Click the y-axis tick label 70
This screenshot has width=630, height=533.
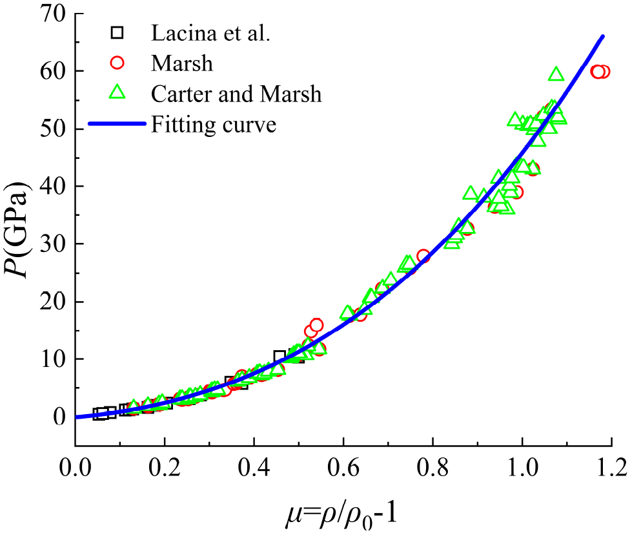[53, 14]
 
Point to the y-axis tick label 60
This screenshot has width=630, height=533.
[53, 72]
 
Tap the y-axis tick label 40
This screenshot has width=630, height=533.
[53, 187]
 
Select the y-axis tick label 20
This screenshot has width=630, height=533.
[53, 302]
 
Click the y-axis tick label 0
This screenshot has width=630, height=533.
[59, 417]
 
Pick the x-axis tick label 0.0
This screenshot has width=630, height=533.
[76, 468]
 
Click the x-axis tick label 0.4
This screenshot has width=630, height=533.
[254, 468]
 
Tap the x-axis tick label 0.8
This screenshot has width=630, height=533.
[432, 468]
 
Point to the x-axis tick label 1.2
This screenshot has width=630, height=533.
[611, 468]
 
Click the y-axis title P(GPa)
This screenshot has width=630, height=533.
[17, 230]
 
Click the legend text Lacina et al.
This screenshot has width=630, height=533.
[210, 33]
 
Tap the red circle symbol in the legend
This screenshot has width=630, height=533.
[117, 63]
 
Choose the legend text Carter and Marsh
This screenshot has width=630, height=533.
[236, 94]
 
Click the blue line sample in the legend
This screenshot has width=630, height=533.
[117, 124]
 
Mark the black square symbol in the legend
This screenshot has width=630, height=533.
[117, 32]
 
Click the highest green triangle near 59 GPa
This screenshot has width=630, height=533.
[556, 74]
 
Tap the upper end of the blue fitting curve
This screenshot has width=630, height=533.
[603, 37]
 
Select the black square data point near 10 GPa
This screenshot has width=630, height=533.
[279, 357]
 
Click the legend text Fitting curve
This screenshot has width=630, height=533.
[214, 125]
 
